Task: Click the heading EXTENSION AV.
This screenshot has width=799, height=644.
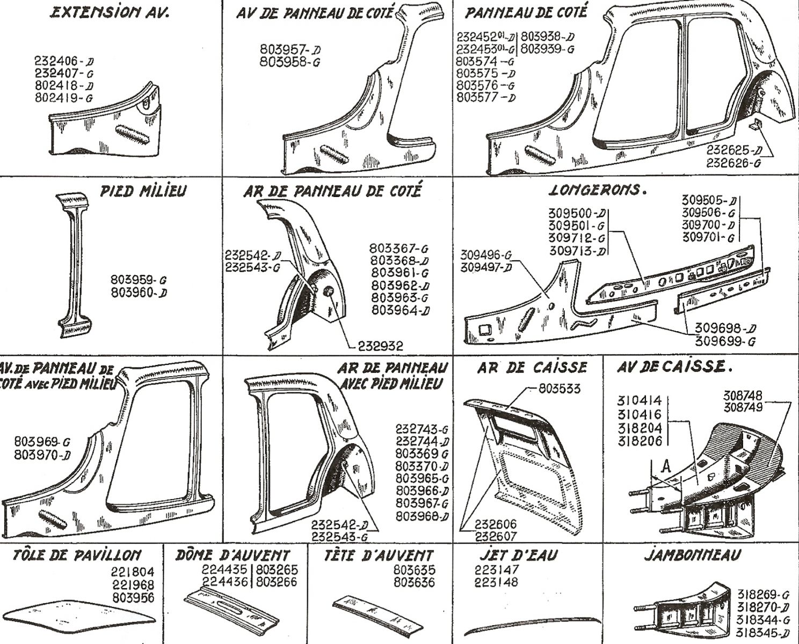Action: pyautogui.click(x=109, y=13)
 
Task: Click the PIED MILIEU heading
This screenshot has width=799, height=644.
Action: pyautogui.click(x=143, y=191)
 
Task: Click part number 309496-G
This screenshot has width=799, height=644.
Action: pyautogui.click(x=485, y=255)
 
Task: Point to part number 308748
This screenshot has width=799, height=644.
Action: pyautogui.click(x=743, y=396)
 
